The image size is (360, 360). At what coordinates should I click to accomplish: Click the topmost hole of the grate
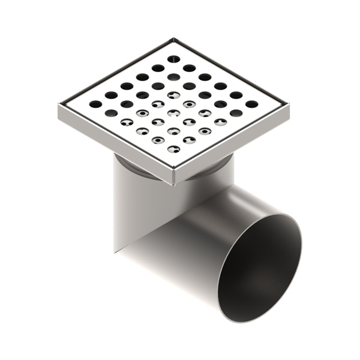coord(173,59)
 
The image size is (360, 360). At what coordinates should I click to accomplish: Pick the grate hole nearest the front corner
coord(173,149)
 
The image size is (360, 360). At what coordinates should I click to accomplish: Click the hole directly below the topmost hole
coord(173,77)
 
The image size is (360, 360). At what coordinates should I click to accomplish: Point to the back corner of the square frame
coord(173,39)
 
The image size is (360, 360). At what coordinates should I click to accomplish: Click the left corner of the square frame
coord(59,106)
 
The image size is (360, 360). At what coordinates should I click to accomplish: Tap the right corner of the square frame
coord(290,106)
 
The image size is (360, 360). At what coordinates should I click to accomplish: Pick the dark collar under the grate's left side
coord(126,161)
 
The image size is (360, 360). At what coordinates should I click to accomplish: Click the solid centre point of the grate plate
coord(173,104)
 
